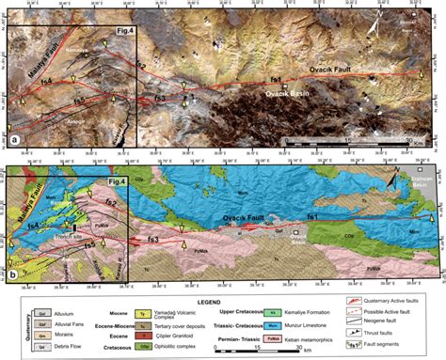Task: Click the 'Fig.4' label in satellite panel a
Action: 124,33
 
